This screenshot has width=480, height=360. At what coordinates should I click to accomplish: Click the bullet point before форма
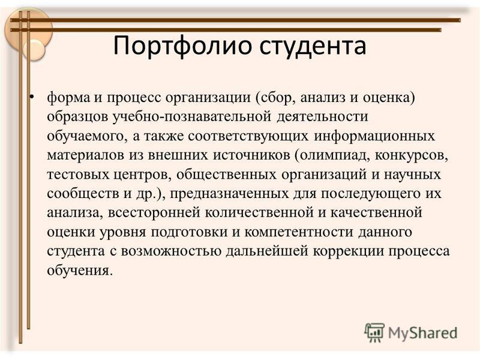click(x=32, y=97)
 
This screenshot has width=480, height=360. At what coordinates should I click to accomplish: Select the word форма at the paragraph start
click(x=68, y=98)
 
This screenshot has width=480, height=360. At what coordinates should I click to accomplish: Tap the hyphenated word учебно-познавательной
click(x=191, y=117)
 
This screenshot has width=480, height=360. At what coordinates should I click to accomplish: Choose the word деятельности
click(x=322, y=117)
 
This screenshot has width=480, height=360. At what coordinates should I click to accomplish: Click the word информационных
click(x=374, y=136)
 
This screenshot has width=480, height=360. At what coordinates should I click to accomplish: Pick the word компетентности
click(x=298, y=232)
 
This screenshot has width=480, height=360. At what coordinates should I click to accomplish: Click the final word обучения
click(x=80, y=271)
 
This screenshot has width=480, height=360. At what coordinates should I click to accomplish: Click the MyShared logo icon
click(x=374, y=332)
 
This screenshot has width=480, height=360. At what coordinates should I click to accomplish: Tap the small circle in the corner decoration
click(x=33, y=49)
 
